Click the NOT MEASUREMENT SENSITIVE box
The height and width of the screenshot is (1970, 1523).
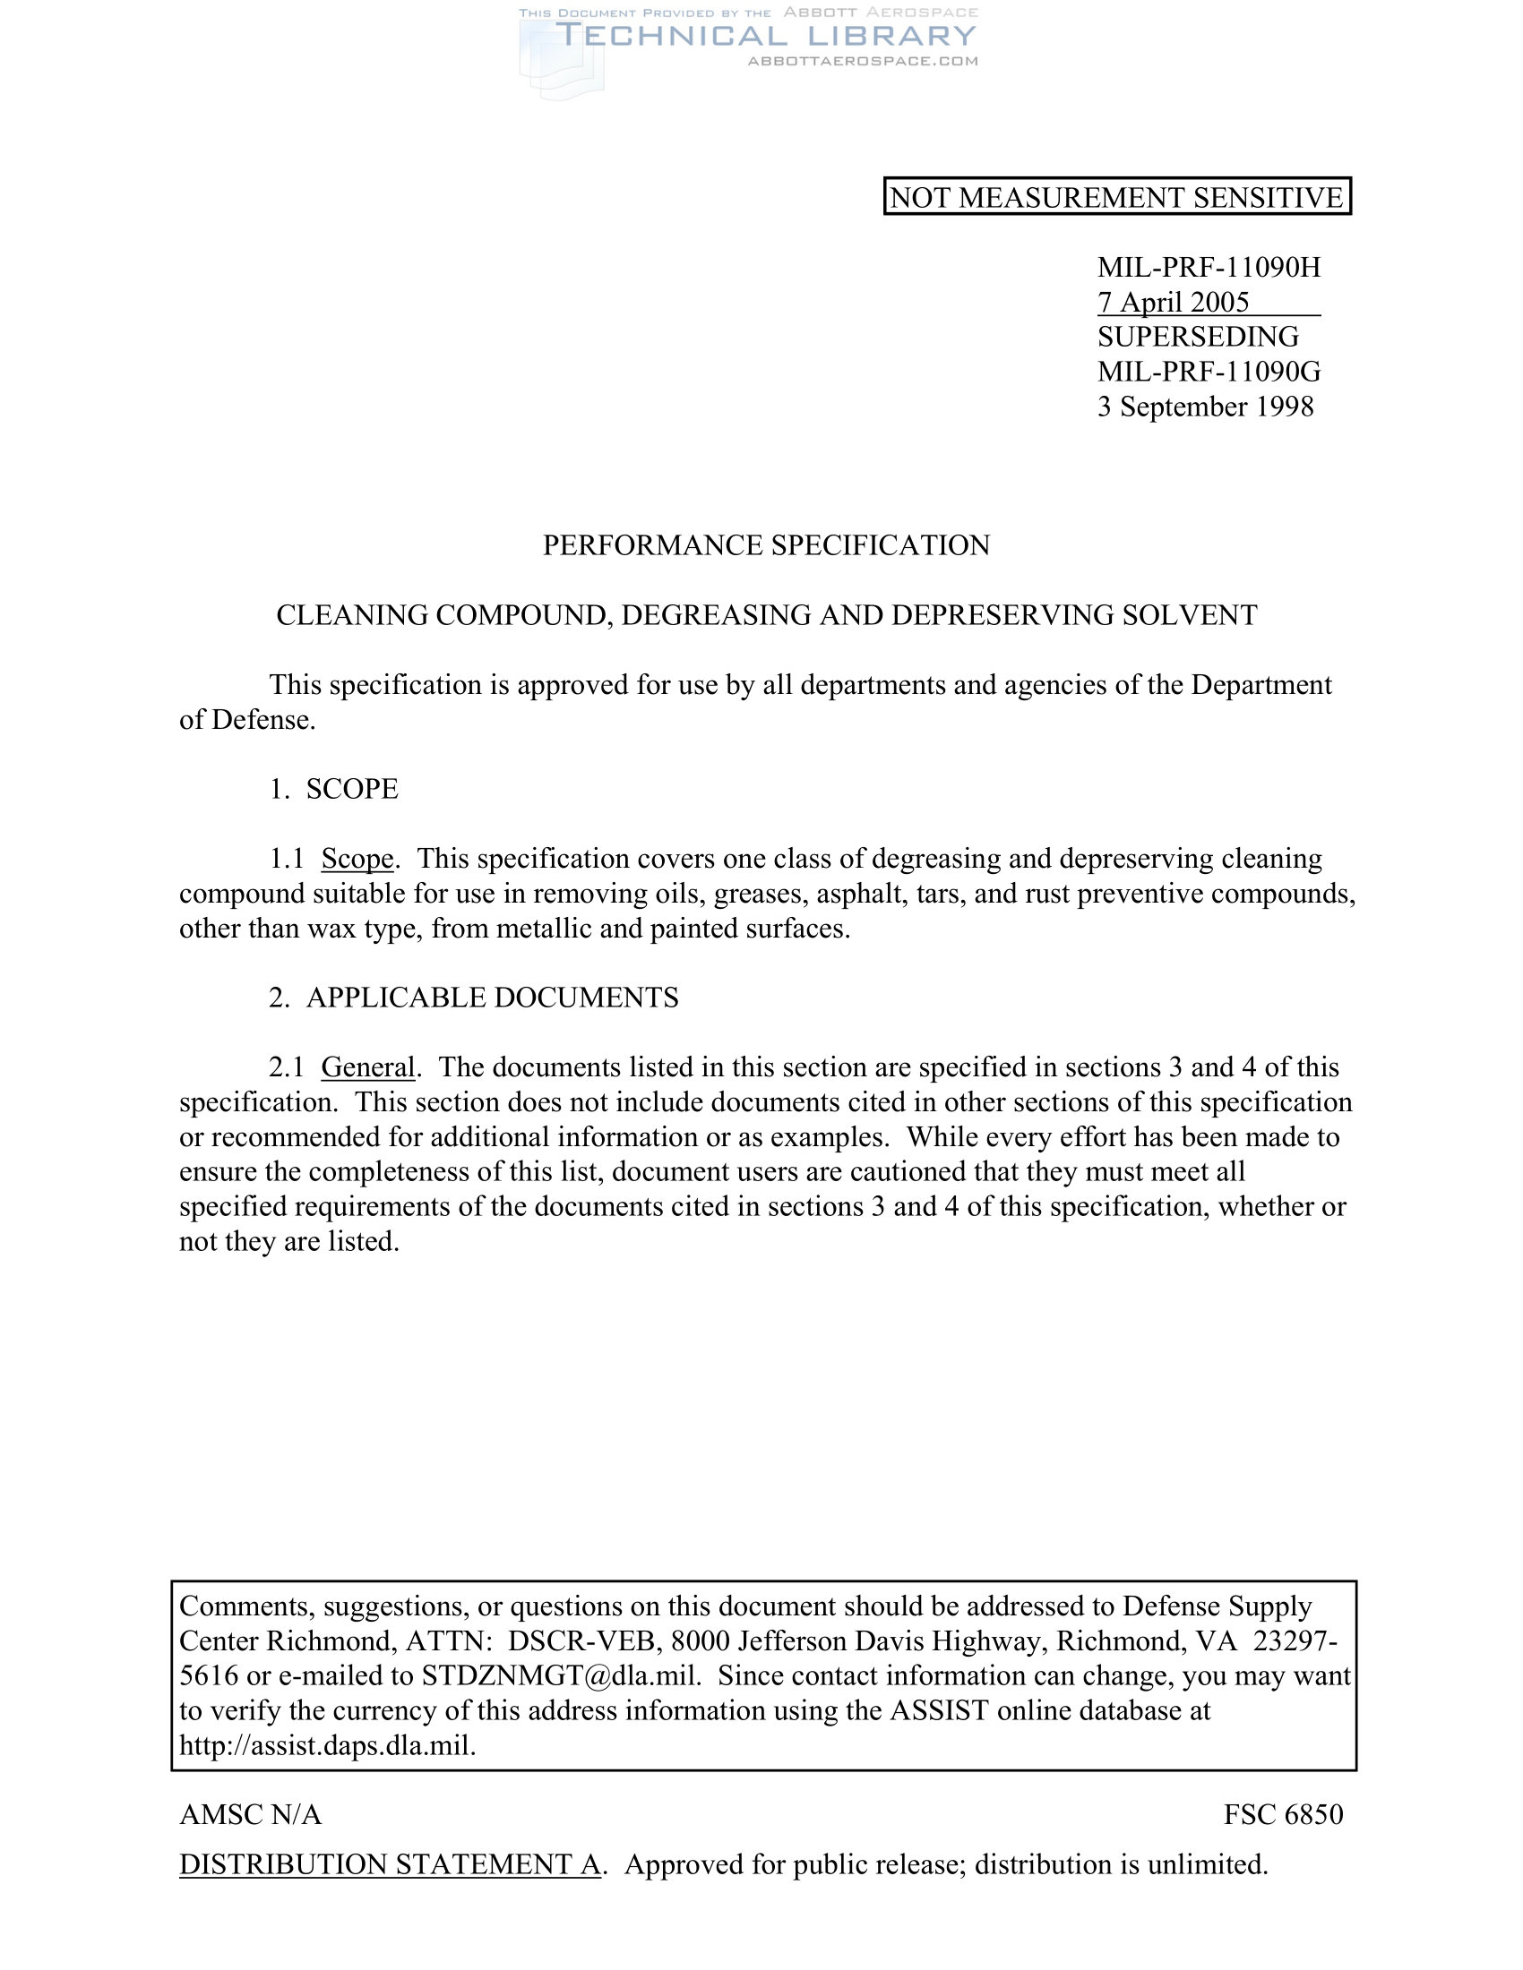(x=1116, y=197)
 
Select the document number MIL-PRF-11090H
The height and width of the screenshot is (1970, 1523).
(x=1209, y=267)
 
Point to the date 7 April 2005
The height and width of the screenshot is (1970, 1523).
(x=1173, y=302)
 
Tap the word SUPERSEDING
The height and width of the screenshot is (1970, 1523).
(x=1197, y=337)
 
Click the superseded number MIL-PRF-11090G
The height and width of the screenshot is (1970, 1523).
(x=1209, y=372)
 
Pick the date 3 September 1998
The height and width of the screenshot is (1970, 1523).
(x=1204, y=407)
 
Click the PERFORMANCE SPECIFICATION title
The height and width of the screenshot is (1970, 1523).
(x=766, y=544)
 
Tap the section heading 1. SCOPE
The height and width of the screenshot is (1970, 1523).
(x=334, y=789)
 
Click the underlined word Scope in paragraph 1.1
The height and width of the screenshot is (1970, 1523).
(x=357, y=859)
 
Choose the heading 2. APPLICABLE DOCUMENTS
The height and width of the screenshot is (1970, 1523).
(x=474, y=998)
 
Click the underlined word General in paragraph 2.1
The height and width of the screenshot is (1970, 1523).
(x=367, y=1068)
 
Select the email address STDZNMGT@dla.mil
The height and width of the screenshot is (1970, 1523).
(x=561, y=1676)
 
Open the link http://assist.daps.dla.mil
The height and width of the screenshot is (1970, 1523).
(x=327, y=1746)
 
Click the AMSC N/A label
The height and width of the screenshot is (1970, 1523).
(x=251, y=1815)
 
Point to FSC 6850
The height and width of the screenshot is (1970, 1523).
(x=1283, y=1815)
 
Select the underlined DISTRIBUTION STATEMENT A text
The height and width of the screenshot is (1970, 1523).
(x=390, y=1864)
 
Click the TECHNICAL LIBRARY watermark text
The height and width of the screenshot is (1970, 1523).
(x=766, y=36)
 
